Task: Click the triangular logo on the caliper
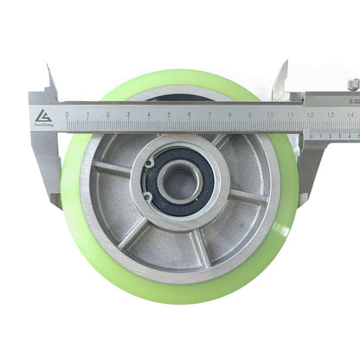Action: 43,115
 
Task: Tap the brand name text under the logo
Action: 43,125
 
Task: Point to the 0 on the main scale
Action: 67,113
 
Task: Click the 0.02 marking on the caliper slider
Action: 354,100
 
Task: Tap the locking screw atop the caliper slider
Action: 353,84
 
